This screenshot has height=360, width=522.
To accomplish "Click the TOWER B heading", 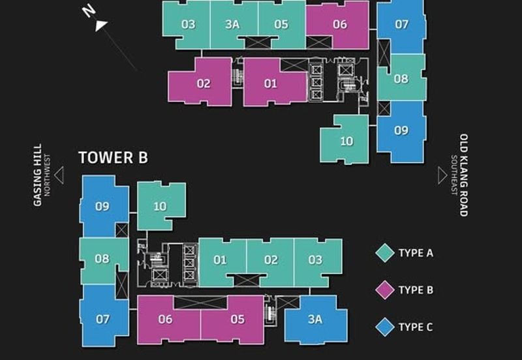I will tap(113, 157).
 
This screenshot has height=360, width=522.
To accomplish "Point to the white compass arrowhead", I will tap(102, 25).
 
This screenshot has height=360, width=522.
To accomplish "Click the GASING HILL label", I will tap(38, 175).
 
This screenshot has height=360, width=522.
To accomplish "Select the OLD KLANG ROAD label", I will tap(464, 175).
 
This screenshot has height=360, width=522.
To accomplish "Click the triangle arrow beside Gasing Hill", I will tap(59, 175).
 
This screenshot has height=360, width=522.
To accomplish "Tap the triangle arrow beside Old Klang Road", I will tap(442, 175).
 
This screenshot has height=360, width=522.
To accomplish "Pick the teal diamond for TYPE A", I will tap(385, 253).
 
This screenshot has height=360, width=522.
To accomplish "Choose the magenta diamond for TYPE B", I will tap(385, 290).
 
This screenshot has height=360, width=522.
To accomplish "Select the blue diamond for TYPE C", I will tap(385, 327).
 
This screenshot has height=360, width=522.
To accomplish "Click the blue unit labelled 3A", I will tap(315, 319).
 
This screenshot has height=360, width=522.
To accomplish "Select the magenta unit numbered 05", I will tap(237, 319).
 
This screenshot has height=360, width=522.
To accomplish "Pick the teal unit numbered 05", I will tap(281, 24).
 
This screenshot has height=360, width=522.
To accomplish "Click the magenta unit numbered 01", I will tap(270, 83).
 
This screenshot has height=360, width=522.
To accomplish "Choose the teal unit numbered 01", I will tap(221, 260).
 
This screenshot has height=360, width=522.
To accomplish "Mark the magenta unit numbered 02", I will tap(203, 83).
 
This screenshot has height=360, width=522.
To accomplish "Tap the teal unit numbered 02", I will tap(270, 260).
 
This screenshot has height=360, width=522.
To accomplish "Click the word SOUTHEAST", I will tap(453, 175).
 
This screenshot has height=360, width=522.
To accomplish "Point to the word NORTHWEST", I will tap(47, 175).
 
